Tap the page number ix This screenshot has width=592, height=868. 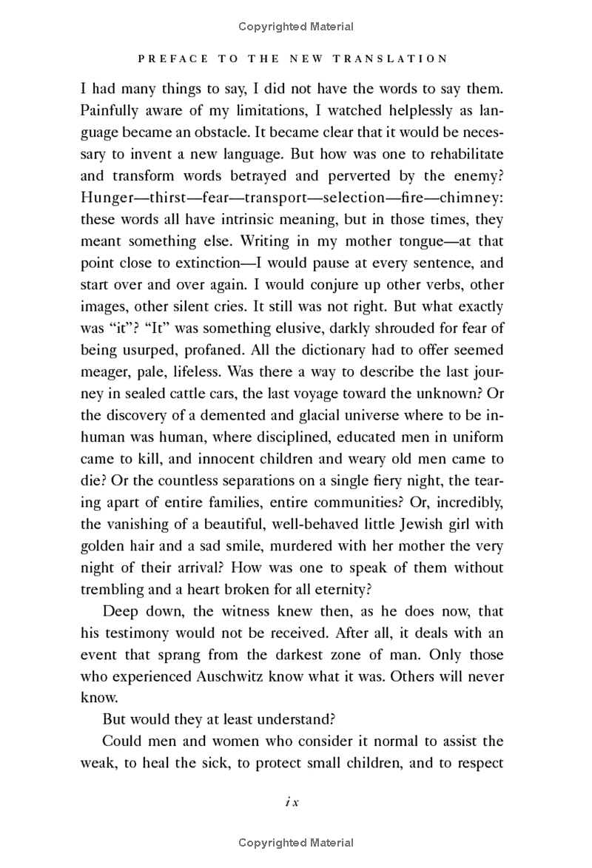coord(289,802)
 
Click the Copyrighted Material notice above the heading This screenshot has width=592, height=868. coord(296,27)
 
